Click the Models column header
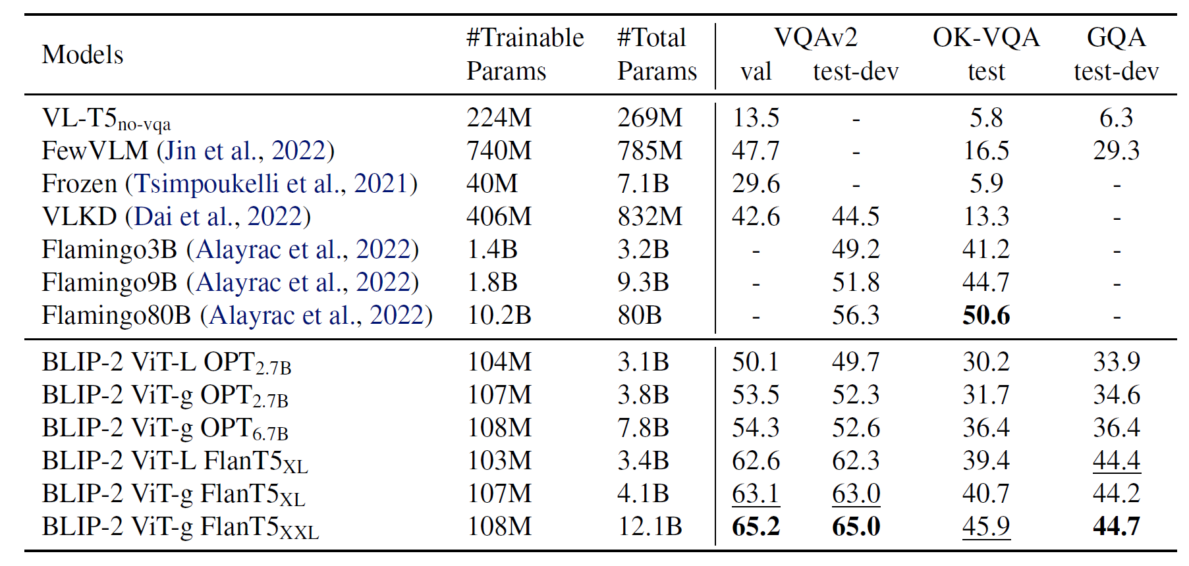pyautogui.click(x=82, y=55)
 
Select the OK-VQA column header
pyautogui.click(x=985, y=38)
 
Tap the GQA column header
pyautogui.click(x=1116, y=38)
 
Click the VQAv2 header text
pyautogui.click(x=816, y=38)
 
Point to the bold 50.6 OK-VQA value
pyautogui.click(x=985, y=315)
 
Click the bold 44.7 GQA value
pyautogui.click(x=1116, y=527)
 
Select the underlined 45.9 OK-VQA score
pyautogui.click(x=985, y=527)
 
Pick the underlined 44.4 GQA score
pyautogui.click(x=1116, y=461)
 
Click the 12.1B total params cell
pyautogui.click(x=650, y=527)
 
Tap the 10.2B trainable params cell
pyautogui.click(x=499, y=315)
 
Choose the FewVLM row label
pyautogui.click(x=95, y=151)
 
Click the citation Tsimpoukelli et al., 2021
pyautogui.click(x=271, y=184)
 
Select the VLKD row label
pyautogui.click(x=79, y=217)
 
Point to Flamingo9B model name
pyautogui.click(x=109, y=282)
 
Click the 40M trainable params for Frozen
pyautogui.click(x=491, y=184)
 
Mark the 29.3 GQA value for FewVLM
pyautogui.click(x=1116, y=151)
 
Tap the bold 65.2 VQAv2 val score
pyautogui.click(x=756, y=527)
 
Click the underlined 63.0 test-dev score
pyautogui.click(x=855, y=494)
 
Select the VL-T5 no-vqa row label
pyautogui.click(x=106, y=119)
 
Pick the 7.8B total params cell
pyautogui.click(x=643, y=428)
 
